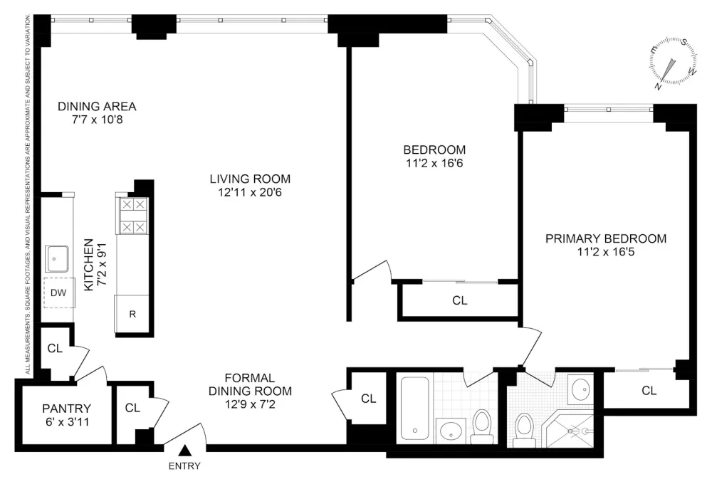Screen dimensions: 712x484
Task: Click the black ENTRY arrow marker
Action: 184,451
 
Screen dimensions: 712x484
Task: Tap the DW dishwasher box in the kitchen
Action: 59,293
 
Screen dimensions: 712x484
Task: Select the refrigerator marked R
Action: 132,314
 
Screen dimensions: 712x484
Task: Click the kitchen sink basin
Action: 57,259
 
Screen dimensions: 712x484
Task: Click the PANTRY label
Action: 66,409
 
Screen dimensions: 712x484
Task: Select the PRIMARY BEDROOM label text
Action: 606,239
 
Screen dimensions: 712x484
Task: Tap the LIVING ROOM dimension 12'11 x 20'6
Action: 250,192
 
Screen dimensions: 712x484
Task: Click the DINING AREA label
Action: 97,107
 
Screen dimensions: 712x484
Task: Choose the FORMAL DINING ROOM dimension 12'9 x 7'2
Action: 250,404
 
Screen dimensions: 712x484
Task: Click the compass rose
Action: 674,62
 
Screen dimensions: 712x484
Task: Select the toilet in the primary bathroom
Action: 525,430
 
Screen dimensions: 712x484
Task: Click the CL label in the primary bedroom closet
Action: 649,391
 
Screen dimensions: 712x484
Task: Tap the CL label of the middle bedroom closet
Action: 459,300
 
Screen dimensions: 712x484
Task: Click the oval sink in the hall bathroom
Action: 451,431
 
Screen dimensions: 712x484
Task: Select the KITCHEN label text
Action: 89,265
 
